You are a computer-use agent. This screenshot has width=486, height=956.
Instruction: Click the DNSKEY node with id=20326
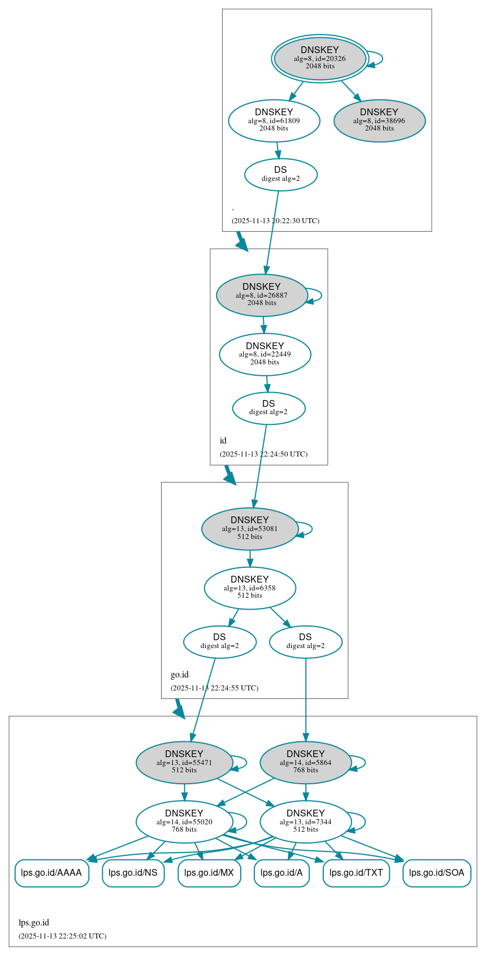point(320,58)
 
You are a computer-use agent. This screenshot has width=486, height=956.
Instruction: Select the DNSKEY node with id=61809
point(274,120)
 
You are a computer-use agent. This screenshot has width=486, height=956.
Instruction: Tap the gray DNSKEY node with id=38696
point(379,120)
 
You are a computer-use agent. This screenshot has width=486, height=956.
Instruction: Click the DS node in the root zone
point(281,175)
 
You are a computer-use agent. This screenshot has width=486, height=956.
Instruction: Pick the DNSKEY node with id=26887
point(262,295)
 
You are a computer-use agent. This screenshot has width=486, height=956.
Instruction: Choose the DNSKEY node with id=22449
point(265,354)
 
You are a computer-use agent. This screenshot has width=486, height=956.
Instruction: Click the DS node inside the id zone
point(268,408)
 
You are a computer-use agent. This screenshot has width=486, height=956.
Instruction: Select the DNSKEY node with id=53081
point(250,529)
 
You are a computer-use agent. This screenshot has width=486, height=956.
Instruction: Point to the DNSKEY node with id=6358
point(250,588)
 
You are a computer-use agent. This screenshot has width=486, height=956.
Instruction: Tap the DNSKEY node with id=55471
point(184,762)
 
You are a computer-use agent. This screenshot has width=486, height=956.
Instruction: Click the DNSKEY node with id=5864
point(306,762)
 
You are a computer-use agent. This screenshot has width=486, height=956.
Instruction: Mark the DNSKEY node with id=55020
point(184,822)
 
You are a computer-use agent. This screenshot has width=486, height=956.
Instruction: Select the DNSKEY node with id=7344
point(306,822)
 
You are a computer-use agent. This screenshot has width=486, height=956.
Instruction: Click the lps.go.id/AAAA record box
point(51,873)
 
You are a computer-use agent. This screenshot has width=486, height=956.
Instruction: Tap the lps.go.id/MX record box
point(209,873)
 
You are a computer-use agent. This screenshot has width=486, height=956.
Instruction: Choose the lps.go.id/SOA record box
point(436,873)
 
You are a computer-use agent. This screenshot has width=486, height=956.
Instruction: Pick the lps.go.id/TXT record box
point(356,873)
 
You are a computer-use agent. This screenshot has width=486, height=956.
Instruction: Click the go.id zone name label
point(180,675)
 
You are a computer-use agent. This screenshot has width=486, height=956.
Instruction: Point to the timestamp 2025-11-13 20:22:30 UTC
point(275,221)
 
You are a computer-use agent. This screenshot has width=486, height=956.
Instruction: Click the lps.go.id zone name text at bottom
point(34,923)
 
